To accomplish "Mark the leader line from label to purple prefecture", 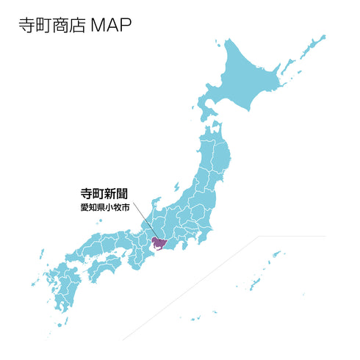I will coord(143,225).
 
